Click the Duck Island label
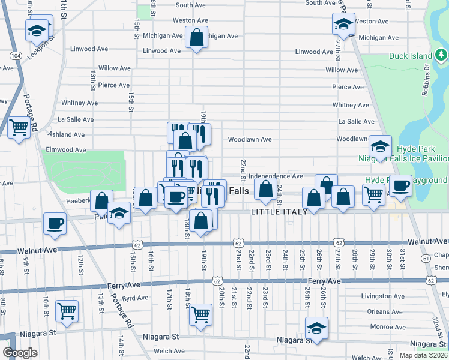[410, 56]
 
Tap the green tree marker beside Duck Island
[441, 56]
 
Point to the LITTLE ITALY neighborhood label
[279, 212]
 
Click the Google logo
[20, 353]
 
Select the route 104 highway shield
[16, 55]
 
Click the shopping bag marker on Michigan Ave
[196, 37]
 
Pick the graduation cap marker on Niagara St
[316, 328]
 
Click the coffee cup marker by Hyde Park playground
[400, 185]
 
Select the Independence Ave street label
[276, 176]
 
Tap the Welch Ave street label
[169, 352]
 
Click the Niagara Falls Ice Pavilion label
[403, 159]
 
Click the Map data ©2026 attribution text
[423, 355]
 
